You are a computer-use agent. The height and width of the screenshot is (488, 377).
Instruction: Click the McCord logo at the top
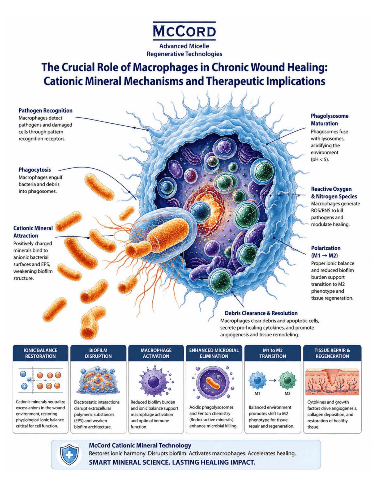point(184,31)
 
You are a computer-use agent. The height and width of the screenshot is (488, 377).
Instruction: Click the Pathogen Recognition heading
point(45,110)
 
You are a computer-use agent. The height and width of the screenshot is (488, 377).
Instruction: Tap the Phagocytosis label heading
point(35,170)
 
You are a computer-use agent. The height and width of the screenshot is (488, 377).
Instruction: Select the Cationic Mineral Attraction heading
point(33,232)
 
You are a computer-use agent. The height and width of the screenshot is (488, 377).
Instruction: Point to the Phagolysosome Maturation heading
point(329,119)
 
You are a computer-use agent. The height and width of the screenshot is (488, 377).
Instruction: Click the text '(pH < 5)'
point(320,160)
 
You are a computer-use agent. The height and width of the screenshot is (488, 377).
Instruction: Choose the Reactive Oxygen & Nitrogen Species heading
point(334,192)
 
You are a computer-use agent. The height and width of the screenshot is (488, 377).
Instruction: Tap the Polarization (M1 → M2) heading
point(325,252)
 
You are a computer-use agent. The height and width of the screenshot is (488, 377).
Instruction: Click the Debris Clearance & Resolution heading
point(261,313)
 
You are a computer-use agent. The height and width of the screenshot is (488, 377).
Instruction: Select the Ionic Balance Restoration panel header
point(40,353)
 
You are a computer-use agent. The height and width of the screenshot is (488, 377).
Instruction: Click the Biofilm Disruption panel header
point(98,353)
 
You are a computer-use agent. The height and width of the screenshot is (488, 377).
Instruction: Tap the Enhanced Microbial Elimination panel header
point(214,353)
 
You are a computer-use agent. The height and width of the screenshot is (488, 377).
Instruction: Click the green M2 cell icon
point(287,380)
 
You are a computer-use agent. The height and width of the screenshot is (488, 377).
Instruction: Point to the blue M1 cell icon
point(257,380)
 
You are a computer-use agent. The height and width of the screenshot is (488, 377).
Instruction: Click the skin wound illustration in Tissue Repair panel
point(332,382)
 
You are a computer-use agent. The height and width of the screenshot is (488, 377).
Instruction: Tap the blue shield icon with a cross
point(69,455)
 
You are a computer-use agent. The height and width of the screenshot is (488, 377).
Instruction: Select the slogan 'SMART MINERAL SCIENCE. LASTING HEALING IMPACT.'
point(172,462)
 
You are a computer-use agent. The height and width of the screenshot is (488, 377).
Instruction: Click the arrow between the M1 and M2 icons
point(272,380)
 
